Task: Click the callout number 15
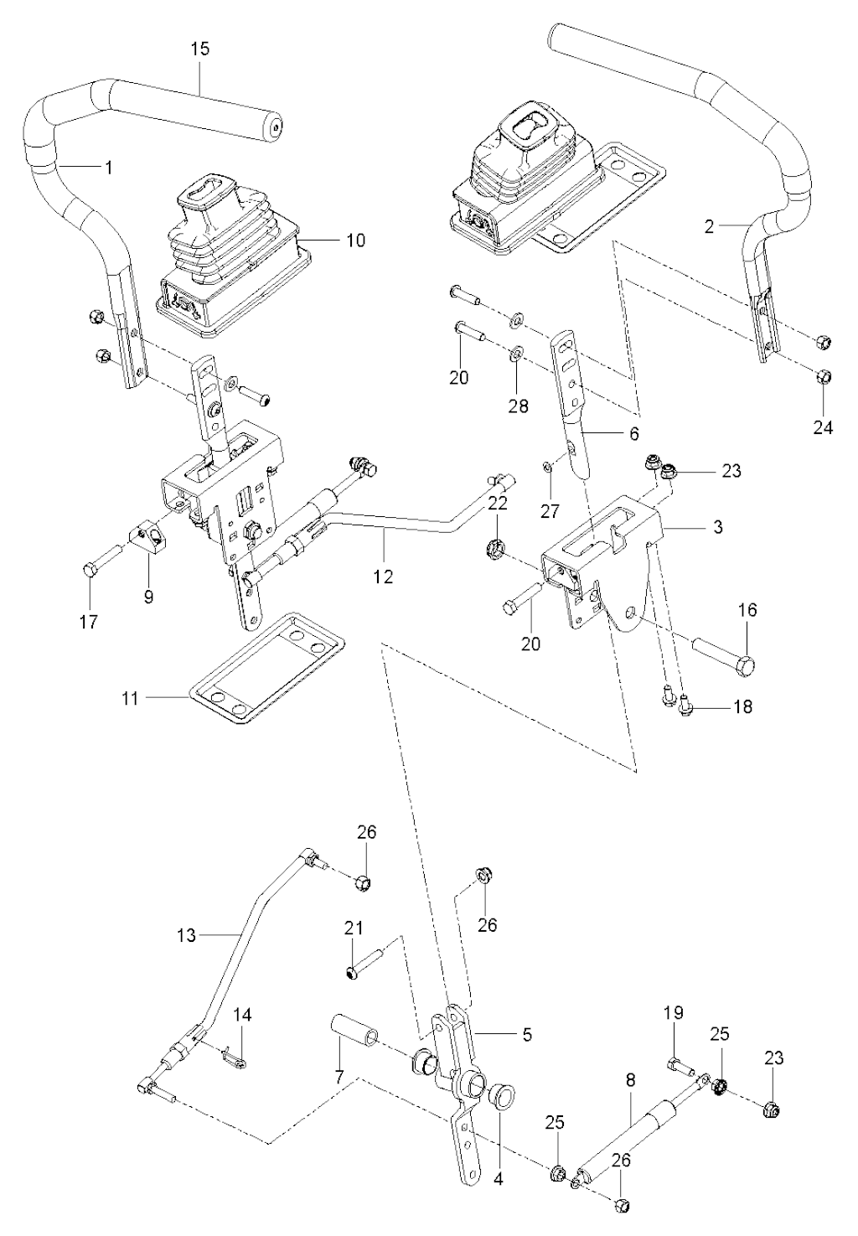[199, 49]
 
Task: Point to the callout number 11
[129, 697]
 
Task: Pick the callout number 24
[823, 427]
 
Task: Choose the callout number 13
[189, 934]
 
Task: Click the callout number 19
[675, 1016]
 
